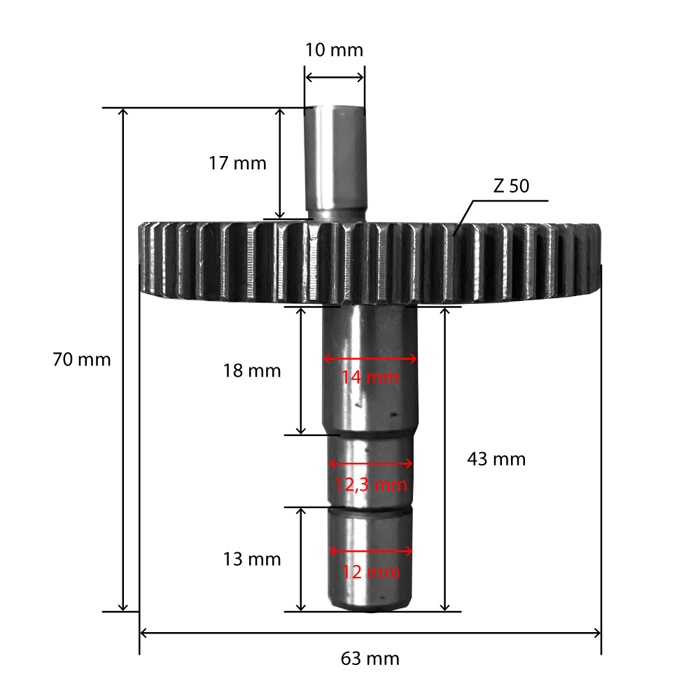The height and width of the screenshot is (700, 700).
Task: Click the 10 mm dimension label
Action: pyautogui.click(x=334, y=50)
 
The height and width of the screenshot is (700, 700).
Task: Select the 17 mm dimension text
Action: pyautogui.click(x=237, y=163)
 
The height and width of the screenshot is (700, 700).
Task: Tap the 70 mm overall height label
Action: pyautogui.click(x=82, y=359)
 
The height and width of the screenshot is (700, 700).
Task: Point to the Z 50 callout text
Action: pyautogui.click(x=511, y=185)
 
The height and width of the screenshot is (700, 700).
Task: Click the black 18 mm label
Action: pyautogui.click(x=252, y=370)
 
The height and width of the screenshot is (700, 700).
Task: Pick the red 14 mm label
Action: pyautogui.click(x=370, y=377)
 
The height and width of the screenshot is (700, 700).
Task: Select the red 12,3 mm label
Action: pyautogui.click(x=371, y=485)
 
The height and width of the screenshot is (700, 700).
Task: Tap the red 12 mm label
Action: pyautogui.click(x=370, y=572)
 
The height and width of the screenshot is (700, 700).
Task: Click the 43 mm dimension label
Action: pyautogui.click(x=496, y=459)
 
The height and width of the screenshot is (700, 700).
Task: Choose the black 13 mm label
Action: pyautogui.click(x=252, y=559)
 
